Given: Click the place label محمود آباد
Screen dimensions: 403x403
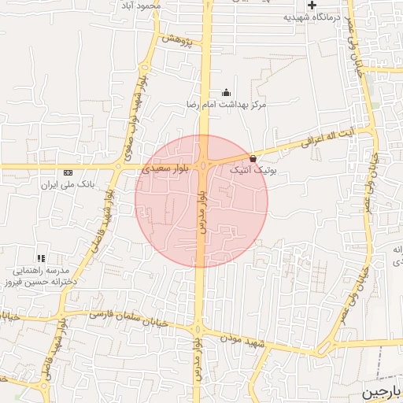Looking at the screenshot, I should click(141, 6).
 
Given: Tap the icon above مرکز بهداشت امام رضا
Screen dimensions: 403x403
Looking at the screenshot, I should click(227, 92).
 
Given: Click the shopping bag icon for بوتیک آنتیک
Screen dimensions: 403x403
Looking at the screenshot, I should click(252, 158).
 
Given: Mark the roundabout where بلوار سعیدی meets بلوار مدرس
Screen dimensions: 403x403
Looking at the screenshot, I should click(204, 165).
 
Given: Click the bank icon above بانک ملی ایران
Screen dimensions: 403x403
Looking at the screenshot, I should click(68, 172).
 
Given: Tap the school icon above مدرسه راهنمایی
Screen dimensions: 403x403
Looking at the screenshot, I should click(40, 257).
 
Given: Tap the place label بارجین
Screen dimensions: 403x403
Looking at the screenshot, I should click(380, 392).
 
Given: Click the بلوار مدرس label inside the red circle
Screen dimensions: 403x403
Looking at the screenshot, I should click(202, 213).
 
